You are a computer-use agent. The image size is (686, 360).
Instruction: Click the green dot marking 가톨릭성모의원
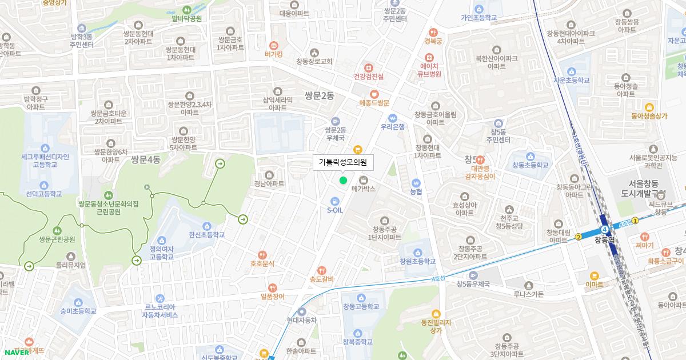click(x=343, y=181)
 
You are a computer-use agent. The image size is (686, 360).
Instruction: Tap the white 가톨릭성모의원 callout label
click(x=343, y=163)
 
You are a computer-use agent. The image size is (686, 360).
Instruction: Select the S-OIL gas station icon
click(x=335, y=201)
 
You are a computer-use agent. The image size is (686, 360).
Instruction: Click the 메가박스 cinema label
click(x=364, y=189)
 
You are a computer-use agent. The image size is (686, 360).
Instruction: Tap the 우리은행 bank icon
click(x=393, y=118)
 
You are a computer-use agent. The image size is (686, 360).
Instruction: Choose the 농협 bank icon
click(x=416, y=183)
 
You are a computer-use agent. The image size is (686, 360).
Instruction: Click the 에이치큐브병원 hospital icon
click(x=429, y=57)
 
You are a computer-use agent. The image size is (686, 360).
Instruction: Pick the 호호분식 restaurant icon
click(x=262, y=255)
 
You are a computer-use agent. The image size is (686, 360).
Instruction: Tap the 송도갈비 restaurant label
click(x=321, y=279)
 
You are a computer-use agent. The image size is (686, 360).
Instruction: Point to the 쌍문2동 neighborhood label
click(x=320, y=96)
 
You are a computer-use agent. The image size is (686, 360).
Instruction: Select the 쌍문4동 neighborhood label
click(x=146, y=159)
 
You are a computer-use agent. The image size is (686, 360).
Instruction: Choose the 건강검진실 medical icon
click(x=368, y=67)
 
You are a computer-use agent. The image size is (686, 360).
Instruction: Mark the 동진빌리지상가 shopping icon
click(x=436, y=313)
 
